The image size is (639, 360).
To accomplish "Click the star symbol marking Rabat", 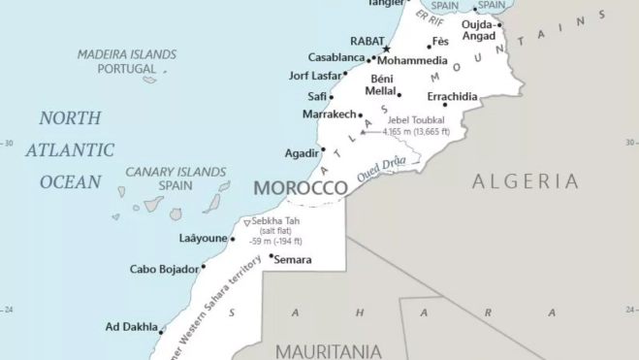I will [386, 49].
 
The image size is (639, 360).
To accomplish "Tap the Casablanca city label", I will [336, 58].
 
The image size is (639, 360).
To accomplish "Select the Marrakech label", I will [329, 115].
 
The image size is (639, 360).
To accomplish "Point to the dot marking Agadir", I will [323, 149].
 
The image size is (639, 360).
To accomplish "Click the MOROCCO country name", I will [300, 187].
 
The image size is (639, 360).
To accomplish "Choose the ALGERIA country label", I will [526, 181].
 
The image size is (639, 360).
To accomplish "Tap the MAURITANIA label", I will [329, 350].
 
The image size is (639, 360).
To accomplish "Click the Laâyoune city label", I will [203, 239].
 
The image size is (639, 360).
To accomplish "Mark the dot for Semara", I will [272, 256].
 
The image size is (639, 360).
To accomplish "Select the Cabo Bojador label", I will [164, 269].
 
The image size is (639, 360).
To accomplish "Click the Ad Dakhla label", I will [131, 327].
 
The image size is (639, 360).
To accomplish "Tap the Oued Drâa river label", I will [381, 169].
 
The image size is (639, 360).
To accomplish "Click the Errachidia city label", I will [452, 97].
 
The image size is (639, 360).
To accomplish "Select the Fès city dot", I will [429, 47].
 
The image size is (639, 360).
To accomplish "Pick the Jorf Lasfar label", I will [315, 76].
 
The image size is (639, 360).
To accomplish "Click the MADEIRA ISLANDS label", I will [127, 55].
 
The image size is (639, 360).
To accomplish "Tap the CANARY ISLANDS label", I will [176, 172].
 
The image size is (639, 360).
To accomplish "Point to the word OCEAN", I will [70, 181].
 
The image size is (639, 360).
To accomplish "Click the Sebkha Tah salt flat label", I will [276, 221].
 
